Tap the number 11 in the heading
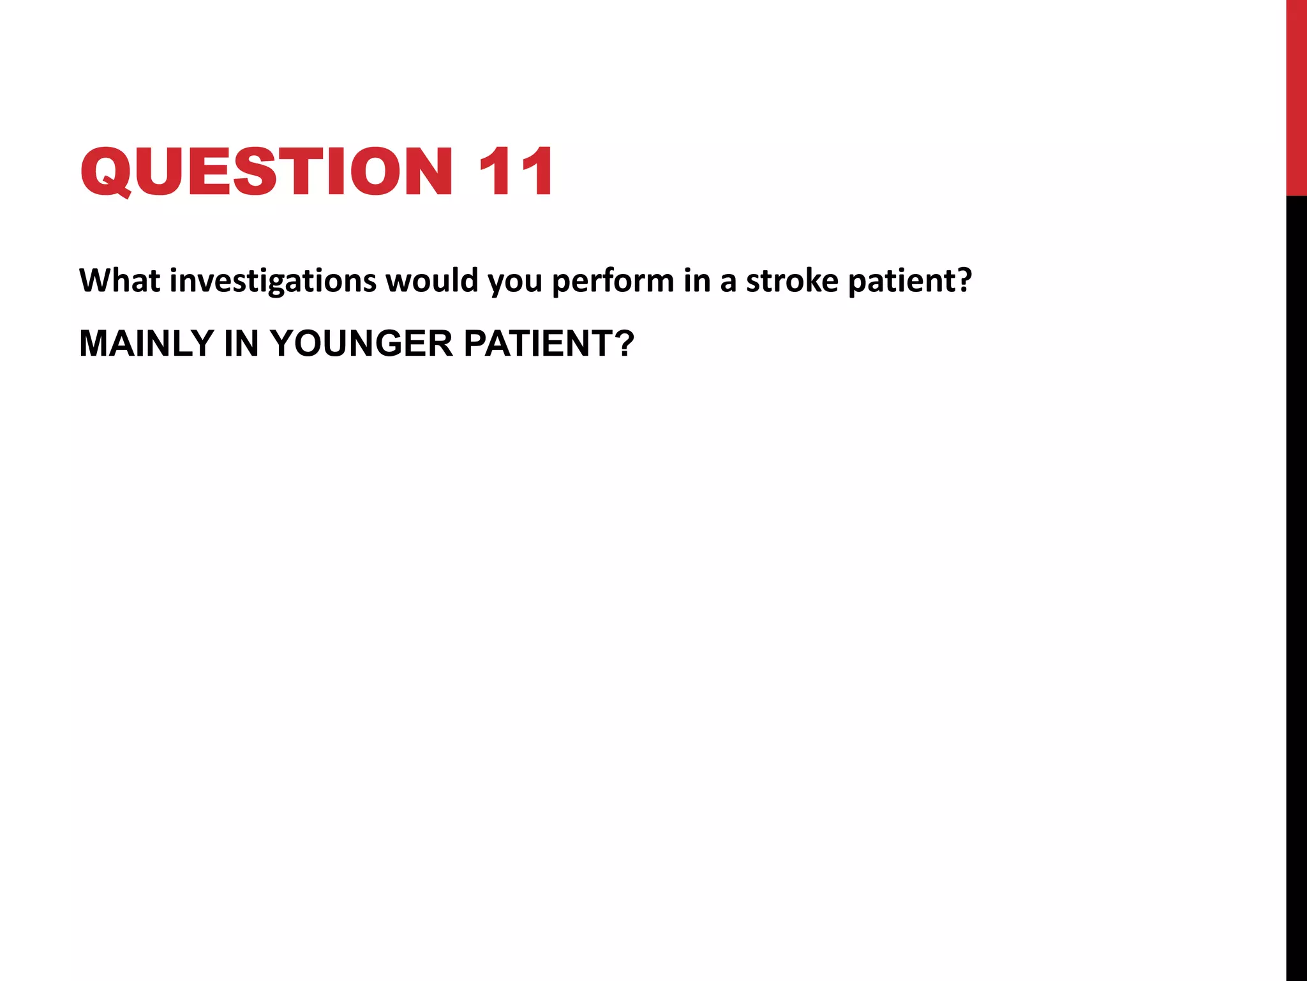(x=516, y=171)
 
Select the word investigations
(x=273, y=282)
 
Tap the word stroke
(x=792, y=280)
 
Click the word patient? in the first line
(x=910, y=282)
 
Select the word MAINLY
(x=146, y=344)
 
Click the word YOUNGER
(x=361, y=344)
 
